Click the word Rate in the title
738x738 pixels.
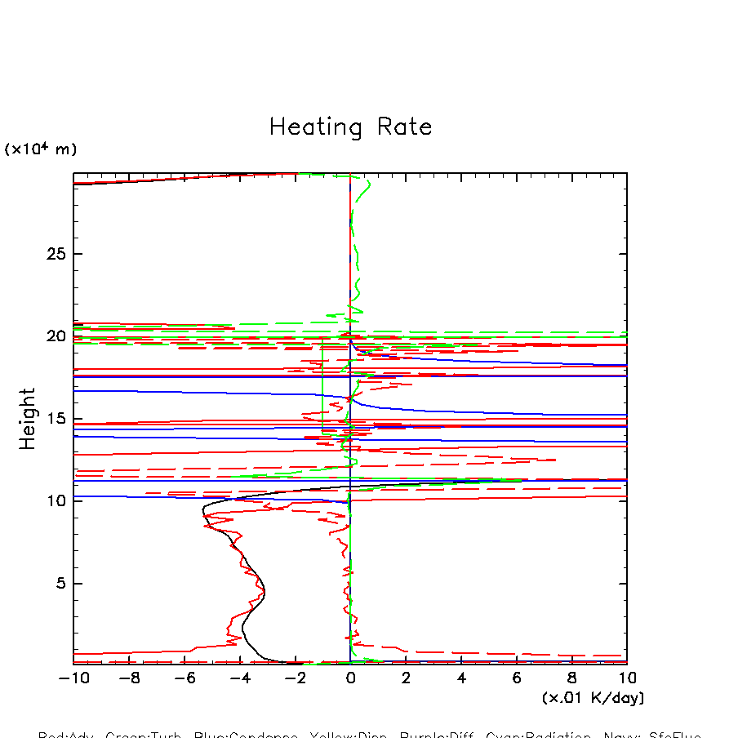[404, 127]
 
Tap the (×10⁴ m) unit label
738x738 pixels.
[41, 149]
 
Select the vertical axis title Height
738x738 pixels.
[29, 419]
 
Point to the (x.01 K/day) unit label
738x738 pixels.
[593, 698]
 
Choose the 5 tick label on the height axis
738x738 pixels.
[60, 584]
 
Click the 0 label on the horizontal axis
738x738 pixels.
[350, 678]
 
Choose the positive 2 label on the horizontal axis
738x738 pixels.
[406, 678]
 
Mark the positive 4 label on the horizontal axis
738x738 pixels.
[461, 678]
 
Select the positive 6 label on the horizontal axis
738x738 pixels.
[517, 678]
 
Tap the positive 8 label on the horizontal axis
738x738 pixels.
[571, 678]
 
